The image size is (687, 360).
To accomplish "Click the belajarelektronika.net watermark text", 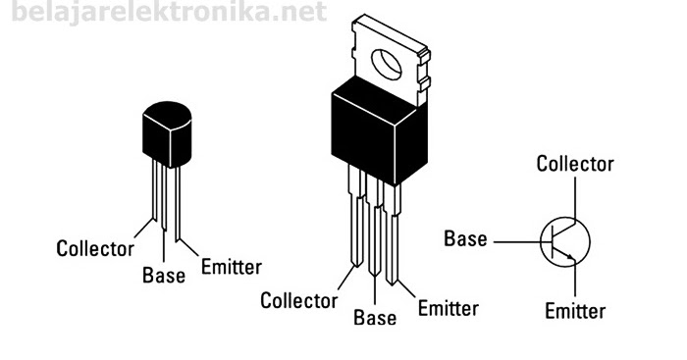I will click(163, 13).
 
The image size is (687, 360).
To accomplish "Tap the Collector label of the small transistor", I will click(94, 248).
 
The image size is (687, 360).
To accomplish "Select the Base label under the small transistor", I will click(163, 276).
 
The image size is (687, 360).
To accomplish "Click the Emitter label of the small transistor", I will click(231, 266).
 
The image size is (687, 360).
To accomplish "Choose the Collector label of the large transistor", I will click(298, 300).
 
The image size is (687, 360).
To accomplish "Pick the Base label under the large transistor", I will click(375, 318).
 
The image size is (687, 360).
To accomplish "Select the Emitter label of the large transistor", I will click(448, 308).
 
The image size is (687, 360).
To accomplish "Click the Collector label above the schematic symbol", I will click(575, 164).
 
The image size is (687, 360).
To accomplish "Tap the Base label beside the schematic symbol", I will click(465, 238).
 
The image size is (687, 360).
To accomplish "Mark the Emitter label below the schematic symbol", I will click(575, 311).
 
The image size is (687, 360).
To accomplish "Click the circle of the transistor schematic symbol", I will click(565, 239).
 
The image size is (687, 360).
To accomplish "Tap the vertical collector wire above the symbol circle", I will click(575, 196).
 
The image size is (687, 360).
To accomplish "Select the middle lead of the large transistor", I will click(375, 245).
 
